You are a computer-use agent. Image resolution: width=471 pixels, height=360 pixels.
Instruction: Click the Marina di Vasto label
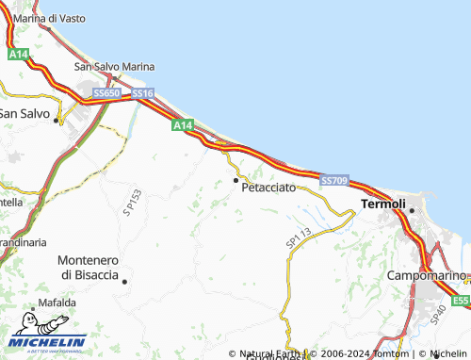pyautogui.click(x=43, y=18)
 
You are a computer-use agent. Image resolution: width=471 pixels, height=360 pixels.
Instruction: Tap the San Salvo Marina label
pyautogui.click(x=114, y=67)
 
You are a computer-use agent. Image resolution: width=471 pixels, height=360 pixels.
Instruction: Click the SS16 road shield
pyautogui.click(x=142, y=93)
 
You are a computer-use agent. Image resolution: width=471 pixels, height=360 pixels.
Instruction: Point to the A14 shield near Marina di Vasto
pyautogui.click(x=18, y=56)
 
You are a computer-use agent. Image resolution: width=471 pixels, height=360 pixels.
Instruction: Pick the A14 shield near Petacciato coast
pyautogui.click(x=183, y=124)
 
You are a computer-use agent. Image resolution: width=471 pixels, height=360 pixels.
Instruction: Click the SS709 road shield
pyautogui.click(x=334, y=180)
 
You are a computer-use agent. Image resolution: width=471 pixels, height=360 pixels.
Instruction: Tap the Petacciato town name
pyautogui.click(x=268, y=188)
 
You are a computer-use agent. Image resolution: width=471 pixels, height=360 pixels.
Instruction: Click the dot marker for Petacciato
pyautogui.click(x=235, y=179)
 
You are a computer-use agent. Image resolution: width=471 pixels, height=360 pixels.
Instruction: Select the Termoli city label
pyautogui.click(x=383, y=205)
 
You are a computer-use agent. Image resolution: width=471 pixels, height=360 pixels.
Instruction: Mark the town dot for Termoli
pyautogui.click(x=412, y=210)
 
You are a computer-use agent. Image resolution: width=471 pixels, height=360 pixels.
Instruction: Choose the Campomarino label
pyautogui.click(x=427, y=275)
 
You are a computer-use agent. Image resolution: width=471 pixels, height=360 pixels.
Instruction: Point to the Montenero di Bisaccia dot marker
pyautogui.click(x=123, y=281)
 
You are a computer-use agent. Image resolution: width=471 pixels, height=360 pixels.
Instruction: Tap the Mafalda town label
pyautogui.click(x=57, y=303)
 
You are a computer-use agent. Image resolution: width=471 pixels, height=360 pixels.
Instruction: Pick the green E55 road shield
pyautogui.click(x=460, y=301)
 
